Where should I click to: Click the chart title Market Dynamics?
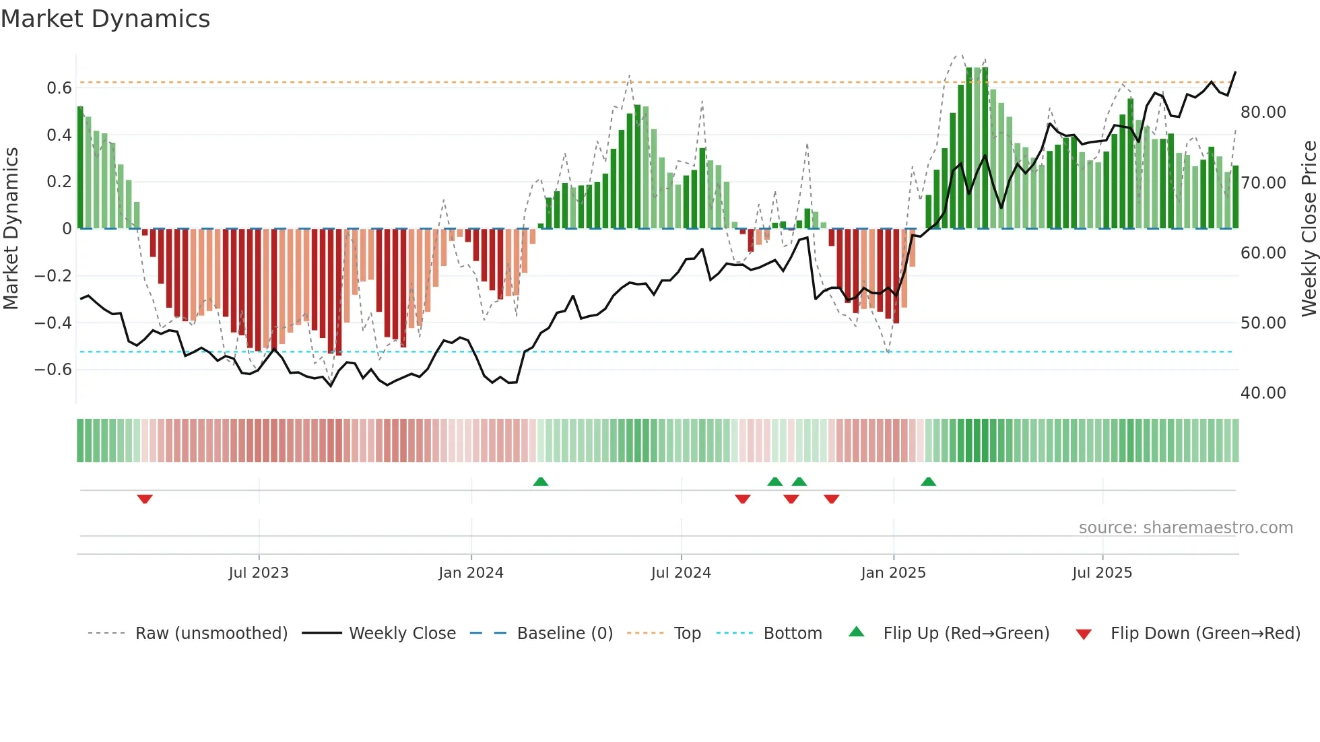point(105,19)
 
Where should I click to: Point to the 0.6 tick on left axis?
point(59,88)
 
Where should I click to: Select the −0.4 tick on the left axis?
point(53,323)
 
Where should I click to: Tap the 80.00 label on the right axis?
point(1263,112)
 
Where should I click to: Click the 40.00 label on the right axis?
point(1263,393)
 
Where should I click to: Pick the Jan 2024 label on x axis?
point(471,573)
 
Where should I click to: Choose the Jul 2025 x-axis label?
point(1102,573)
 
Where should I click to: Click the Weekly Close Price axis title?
point(1309,228)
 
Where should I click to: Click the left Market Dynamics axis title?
point(11,228)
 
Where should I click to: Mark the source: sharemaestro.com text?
point(1185,528)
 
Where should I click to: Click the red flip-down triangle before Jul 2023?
point(145,499)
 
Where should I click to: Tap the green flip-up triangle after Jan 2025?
point(928,481)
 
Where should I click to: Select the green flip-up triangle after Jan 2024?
point(540,481)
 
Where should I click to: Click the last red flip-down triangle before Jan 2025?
point(831,499)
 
